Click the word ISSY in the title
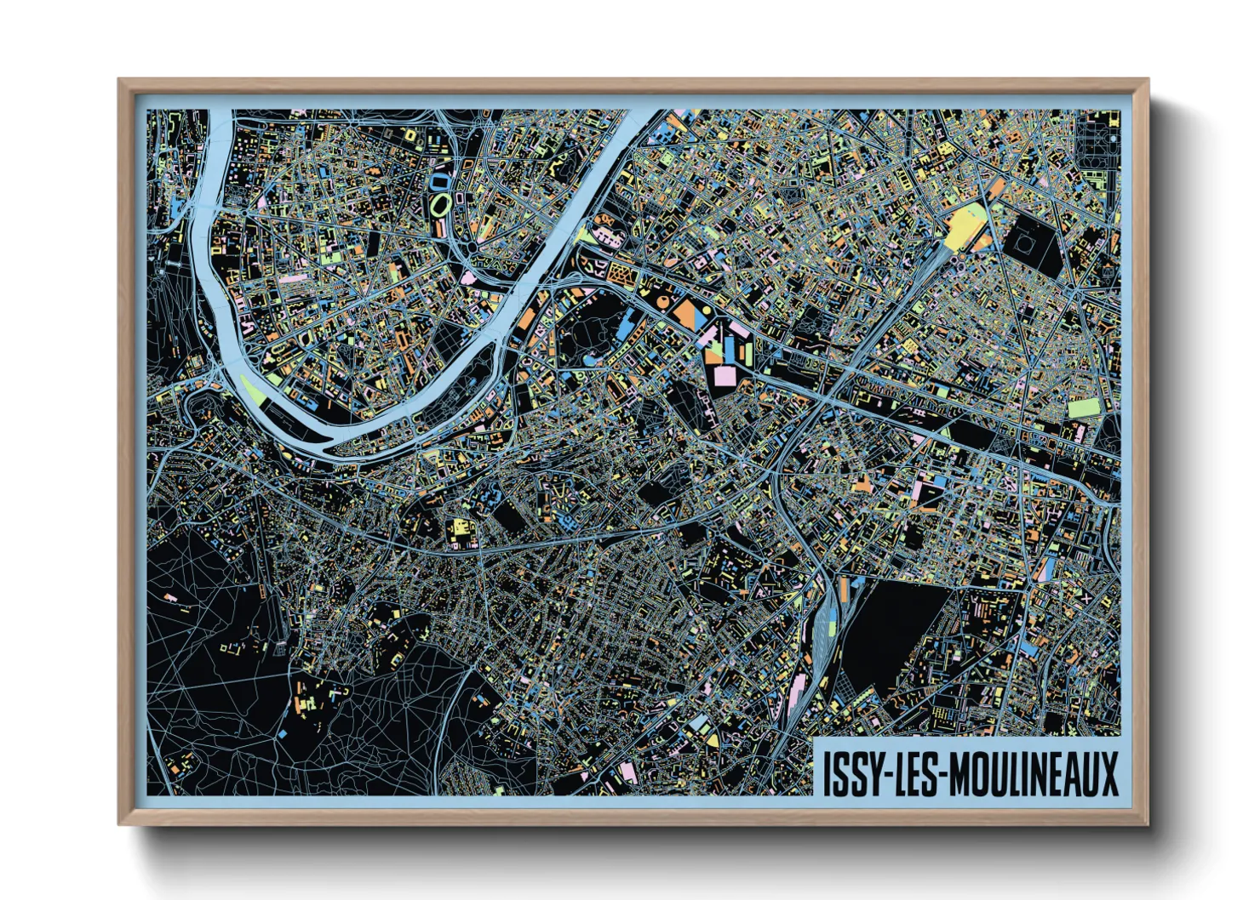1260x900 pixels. coord(848,773)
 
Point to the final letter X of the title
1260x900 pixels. coord(1108,773)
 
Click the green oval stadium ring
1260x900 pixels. coord(440,204)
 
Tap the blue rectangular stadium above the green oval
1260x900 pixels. coord(441,180)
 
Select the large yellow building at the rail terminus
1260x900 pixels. coord(963,226)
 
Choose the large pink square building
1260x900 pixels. coord(726,375)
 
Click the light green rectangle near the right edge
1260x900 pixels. coord(1084,407)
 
